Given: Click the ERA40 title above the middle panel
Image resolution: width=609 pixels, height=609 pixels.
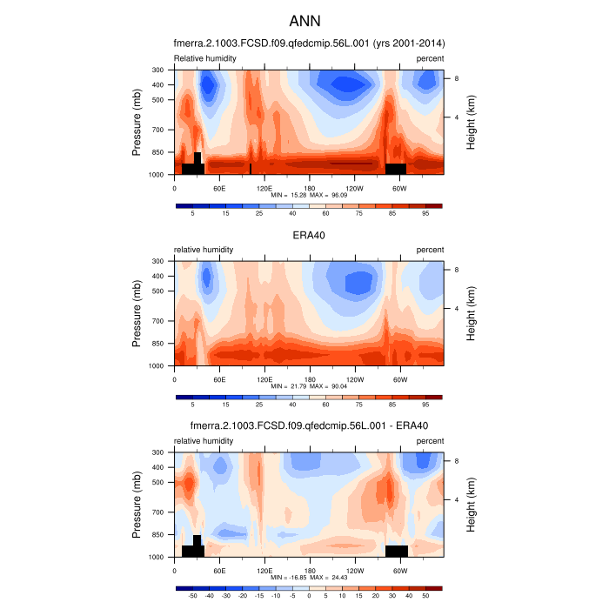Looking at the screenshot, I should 310,235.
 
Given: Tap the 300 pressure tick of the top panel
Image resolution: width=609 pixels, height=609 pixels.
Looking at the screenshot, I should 158,70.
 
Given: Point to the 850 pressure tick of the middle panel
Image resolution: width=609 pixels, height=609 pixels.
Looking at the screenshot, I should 158,344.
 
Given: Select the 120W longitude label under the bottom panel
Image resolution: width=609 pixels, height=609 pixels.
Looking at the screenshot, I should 354,571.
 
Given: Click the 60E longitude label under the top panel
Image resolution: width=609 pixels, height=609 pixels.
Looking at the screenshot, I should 219,188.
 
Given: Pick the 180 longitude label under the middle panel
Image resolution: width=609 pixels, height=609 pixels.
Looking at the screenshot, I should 309,379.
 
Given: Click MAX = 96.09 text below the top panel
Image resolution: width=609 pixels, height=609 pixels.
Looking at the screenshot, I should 329,196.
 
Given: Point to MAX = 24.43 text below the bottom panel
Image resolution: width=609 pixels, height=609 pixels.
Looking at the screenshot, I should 329,579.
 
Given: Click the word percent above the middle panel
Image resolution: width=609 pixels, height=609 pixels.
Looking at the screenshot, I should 430,250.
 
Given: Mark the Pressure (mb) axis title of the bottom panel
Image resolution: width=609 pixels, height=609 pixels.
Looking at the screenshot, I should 137,505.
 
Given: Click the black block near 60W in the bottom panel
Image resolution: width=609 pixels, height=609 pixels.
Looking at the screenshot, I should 397,551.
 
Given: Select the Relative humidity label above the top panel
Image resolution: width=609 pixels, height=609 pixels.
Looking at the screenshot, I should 204,58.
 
